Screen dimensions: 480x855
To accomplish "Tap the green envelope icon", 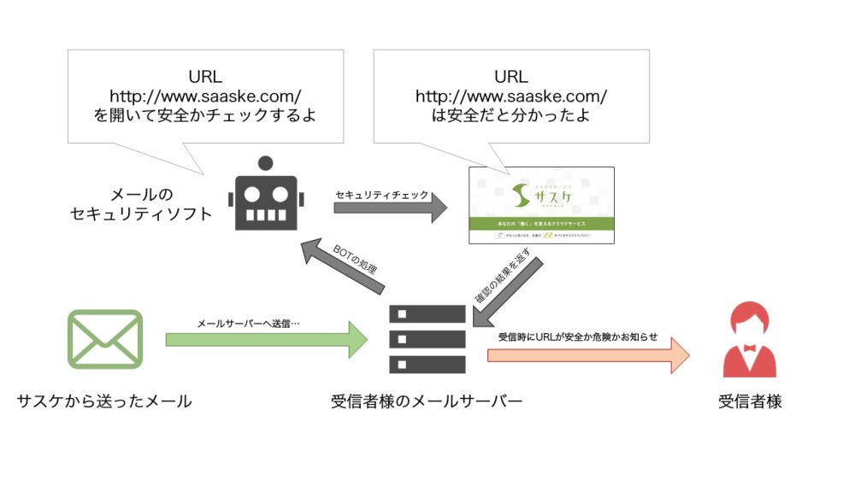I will tap(104, 339).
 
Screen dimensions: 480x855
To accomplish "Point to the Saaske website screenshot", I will tap(541, 205).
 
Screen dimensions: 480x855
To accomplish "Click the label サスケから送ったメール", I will tap(104, 401).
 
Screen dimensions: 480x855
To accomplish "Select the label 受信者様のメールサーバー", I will tap(427, 401).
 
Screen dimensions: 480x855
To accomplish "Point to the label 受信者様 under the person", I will tap(750, 401).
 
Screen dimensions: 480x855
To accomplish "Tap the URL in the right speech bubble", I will tap(511, 95).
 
